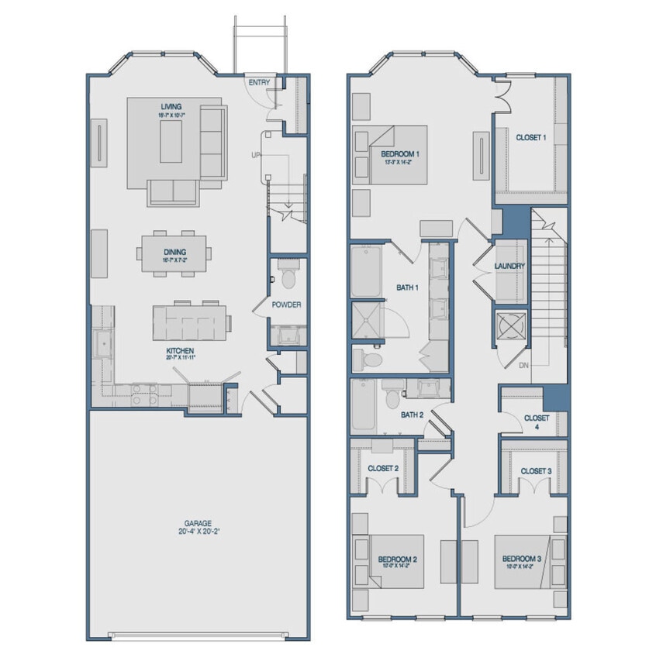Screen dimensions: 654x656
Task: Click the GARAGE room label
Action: coord(199,523)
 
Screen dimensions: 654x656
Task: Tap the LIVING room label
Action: coord(171,107)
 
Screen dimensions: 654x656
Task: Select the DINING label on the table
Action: coord(174,251)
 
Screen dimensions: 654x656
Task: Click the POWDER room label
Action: coord(286,305)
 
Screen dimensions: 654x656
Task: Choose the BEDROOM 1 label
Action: coord(400,155)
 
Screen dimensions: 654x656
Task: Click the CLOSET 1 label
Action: coord(531,137)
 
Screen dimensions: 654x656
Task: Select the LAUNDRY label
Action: coord(509,267)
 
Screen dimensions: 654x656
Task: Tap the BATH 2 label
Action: coord(412,415)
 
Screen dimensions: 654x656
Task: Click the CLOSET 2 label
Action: coord(383,468)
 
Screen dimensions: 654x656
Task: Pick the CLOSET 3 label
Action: coord(536,470)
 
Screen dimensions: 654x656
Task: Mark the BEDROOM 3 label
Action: coord(521,559)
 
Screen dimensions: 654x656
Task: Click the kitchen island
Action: coord(190,322)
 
